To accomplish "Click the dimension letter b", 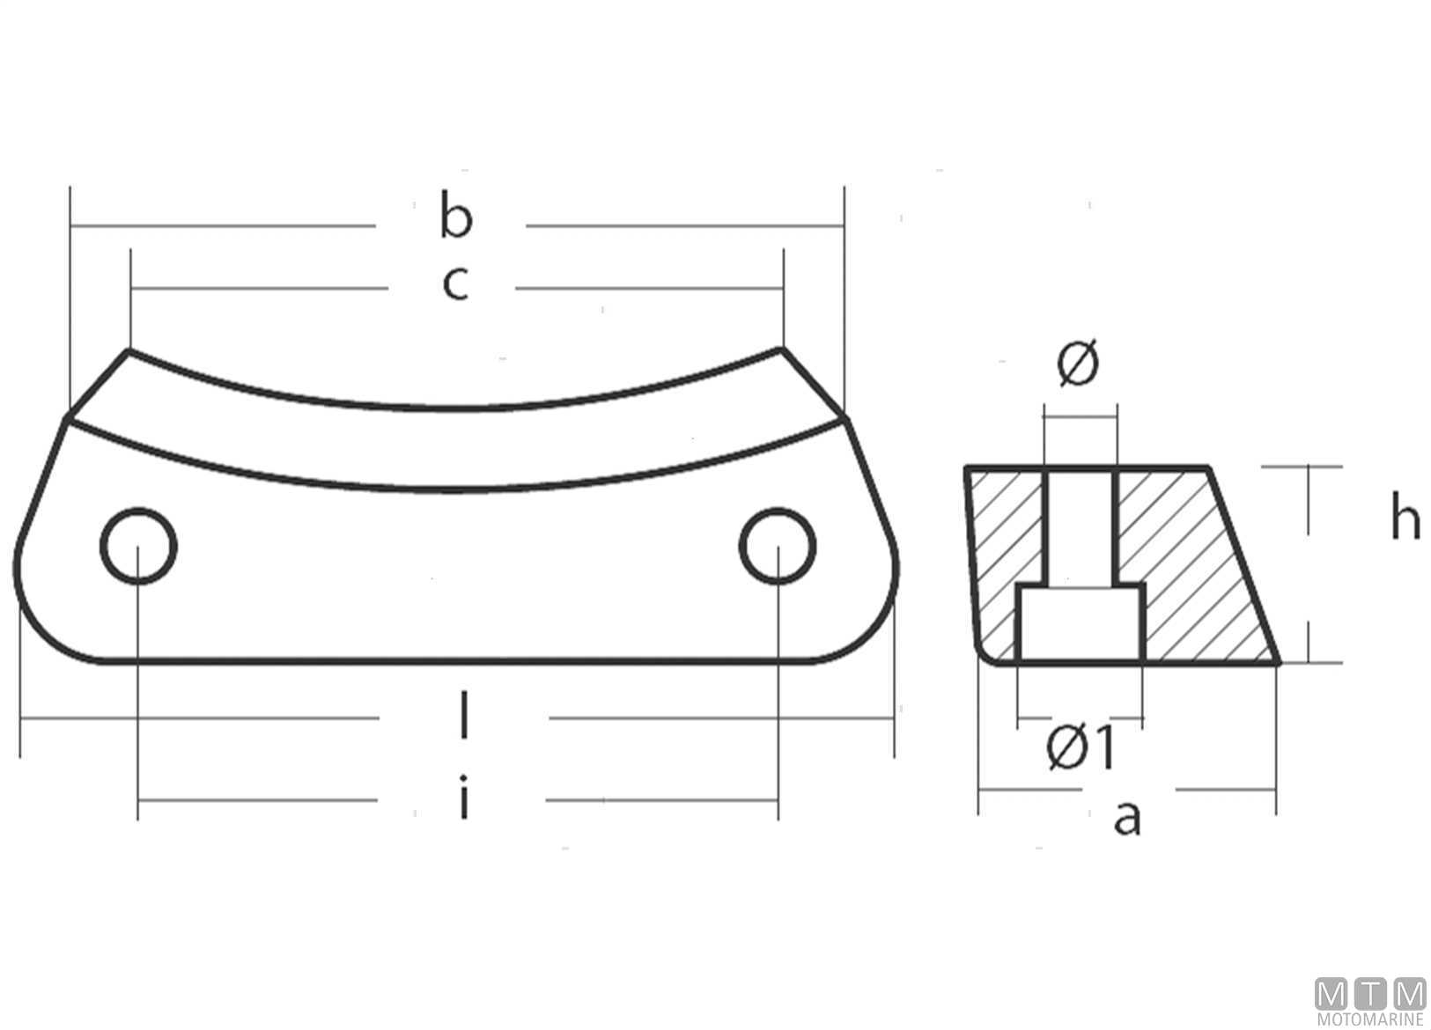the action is tap(456, 215).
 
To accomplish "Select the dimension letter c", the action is tap(455, 283).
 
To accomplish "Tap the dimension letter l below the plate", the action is tap(464, 715).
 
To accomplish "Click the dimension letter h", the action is tap(1405, 515).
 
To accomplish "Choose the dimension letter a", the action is tap(1126, 819).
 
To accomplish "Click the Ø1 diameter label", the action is tap(1081, 747).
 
